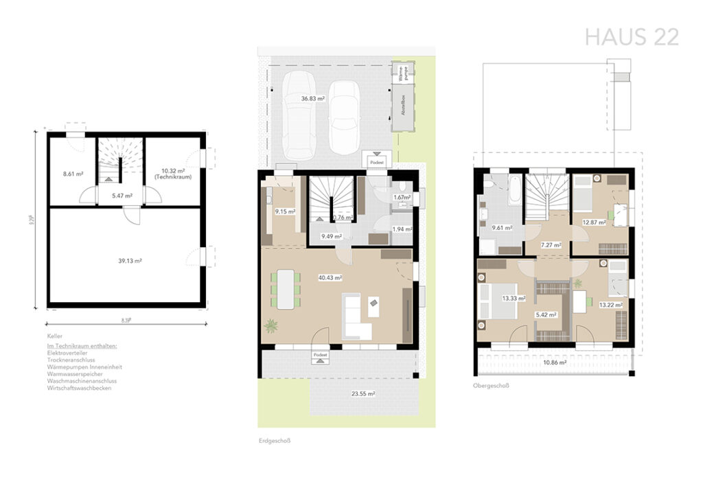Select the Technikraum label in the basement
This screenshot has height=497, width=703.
(x=172, y=177)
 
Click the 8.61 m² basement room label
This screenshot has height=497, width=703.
(x=72, y=174)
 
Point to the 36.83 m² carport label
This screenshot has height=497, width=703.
(x=312, y=99)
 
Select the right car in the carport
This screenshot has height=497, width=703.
(x=344, y=117)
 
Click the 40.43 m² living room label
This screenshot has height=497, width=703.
(x=330, y=278)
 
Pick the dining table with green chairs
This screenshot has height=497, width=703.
(x=286, y=288)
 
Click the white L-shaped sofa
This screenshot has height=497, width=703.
(x=355, y=318)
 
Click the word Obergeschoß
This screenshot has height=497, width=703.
(x=491, y=386)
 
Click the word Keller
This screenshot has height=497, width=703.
(x=55, y=336)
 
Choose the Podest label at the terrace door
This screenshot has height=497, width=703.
(x=320, y=354)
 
